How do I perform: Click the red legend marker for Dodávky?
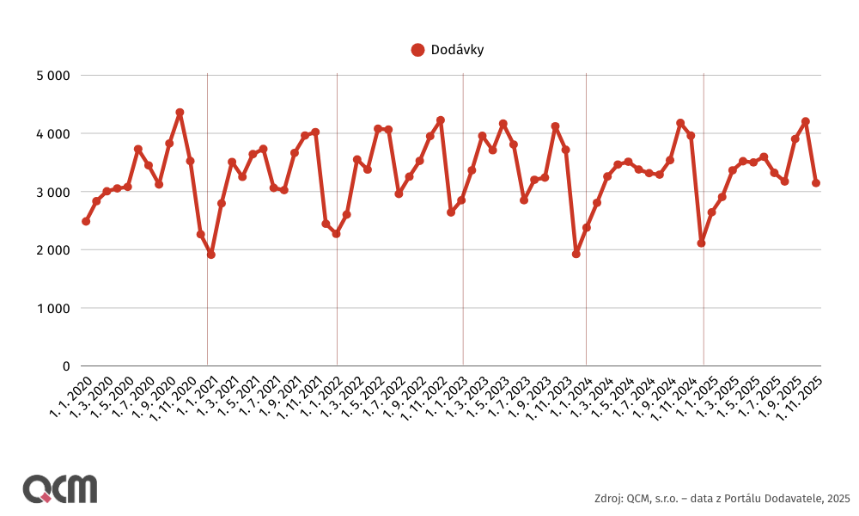[418, 50]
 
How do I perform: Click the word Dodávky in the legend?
[457, 50]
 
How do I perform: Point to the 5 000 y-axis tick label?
[52, 76]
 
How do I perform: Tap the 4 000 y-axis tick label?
[52, 134]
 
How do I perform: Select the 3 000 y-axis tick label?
[52, 192]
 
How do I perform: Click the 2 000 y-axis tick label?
[52, 250]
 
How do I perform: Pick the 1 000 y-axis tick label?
[52, 308]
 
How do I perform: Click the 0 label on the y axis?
[65, 366]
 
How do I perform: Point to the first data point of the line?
[86, 221]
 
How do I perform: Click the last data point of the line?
[816, 183]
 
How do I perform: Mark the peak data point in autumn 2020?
[180, 113]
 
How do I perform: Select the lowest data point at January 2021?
[211, 255]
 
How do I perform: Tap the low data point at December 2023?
[576, 254]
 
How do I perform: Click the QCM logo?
[59, 488]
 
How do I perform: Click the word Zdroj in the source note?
[607, 498]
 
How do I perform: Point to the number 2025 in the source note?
[838, 498]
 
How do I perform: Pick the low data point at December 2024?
[702, 243]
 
